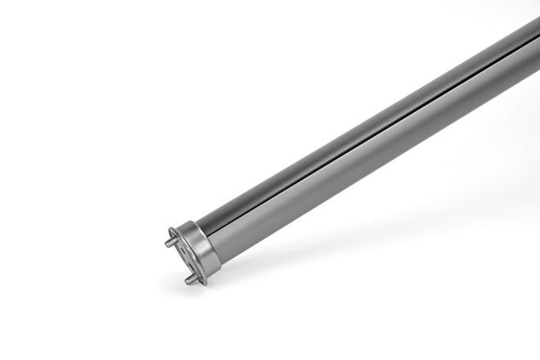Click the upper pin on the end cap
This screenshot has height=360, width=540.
click(x=171, y=241)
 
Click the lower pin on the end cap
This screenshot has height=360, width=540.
click(x=191, y=278)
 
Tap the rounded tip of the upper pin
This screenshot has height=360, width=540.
click(x=167, y=242)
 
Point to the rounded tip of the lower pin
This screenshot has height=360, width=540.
click(x=187, y=280)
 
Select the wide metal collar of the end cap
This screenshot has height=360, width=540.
click(x=205, y=250)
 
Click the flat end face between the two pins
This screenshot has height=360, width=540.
click(x=188, y=257)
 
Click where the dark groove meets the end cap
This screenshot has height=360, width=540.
click(x=216, y=232)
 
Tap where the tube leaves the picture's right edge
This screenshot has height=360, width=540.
click(x=536, y=41)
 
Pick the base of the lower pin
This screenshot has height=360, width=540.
click(x=196, y=277)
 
